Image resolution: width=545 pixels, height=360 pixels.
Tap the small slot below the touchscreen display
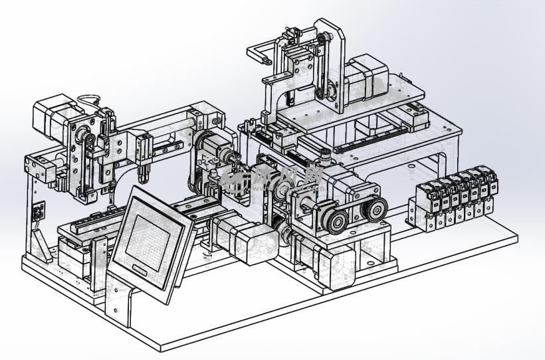click(141, 268)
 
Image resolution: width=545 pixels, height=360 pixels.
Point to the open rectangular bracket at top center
click(261, 52)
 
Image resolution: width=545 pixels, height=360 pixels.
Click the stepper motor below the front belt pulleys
click(318, 259)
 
